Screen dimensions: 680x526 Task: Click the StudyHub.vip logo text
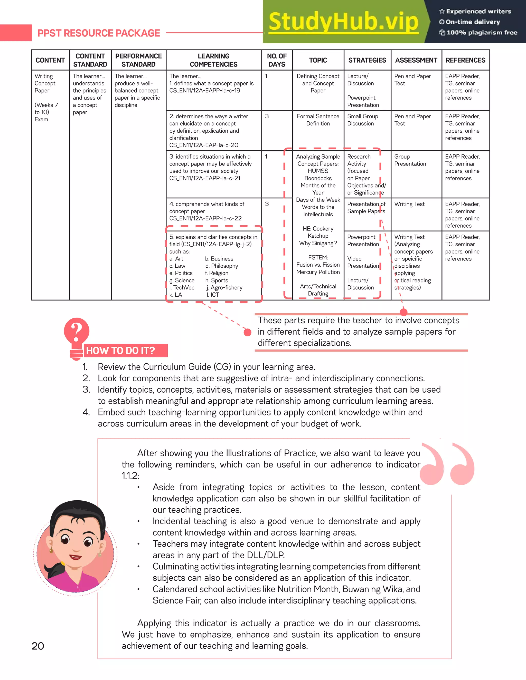coord(343,22)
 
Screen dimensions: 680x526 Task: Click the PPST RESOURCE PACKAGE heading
coord(98,33)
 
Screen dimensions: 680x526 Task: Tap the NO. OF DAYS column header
coord(277,60)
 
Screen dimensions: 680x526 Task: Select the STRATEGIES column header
coord(367,60)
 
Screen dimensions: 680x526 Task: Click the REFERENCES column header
coord(465,60)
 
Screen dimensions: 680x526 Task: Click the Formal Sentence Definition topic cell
coord(318,120)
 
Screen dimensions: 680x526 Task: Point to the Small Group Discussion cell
coord(362,120)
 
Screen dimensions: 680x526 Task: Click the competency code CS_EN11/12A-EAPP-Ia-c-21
coord(205,178)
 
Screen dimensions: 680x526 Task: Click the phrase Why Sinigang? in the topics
coord(318,243)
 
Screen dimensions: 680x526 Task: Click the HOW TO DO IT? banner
coord(121,351)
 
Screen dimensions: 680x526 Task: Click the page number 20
coord(38,646)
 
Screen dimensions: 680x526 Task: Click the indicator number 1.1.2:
coord(130,476)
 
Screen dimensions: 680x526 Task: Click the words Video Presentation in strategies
coord(363,262)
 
